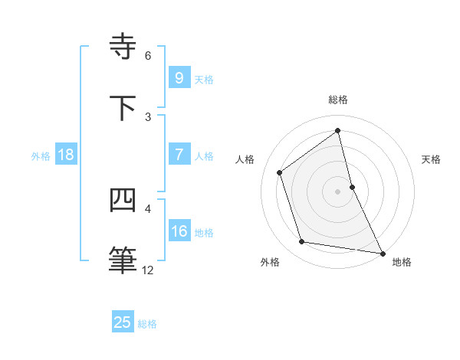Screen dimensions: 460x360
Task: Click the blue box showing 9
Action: [x=179, y=77]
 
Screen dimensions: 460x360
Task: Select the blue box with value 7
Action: [x=179, y=154]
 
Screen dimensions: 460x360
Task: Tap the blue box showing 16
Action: [x=179, y=231]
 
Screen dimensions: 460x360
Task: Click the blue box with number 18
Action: [x=66, y=154]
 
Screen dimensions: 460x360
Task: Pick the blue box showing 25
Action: [x=123, y=322]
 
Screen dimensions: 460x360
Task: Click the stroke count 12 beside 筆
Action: [x=148, y=270]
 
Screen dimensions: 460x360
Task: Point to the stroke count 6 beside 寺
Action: [x=148, y=55]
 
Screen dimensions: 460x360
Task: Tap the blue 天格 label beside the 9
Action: [x=204, y=79]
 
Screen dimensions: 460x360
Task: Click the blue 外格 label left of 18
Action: [x=41, y=155]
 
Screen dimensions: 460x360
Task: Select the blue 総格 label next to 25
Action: [x=147, y=324]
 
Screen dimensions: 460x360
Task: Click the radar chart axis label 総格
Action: [x=338, y=100]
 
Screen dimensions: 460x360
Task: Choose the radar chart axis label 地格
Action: [x=402, y=262]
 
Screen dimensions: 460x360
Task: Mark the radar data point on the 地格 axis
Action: [x=382, y=253]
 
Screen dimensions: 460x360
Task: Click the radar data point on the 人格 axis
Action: [x=280, y=172]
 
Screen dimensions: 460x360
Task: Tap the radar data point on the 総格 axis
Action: [x=338, y=131]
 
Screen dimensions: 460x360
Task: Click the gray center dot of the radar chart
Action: [x=338, y=191]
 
